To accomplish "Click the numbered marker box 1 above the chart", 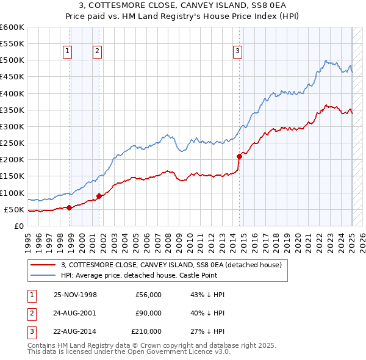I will point(66,51).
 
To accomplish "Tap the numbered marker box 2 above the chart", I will point(97,51).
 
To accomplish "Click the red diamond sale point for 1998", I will point(70,207).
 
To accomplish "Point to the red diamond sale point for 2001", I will point(99,196).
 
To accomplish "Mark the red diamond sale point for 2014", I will point(239,156).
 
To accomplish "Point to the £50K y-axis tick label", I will point(15,210).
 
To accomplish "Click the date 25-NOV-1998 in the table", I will point(76,295).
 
